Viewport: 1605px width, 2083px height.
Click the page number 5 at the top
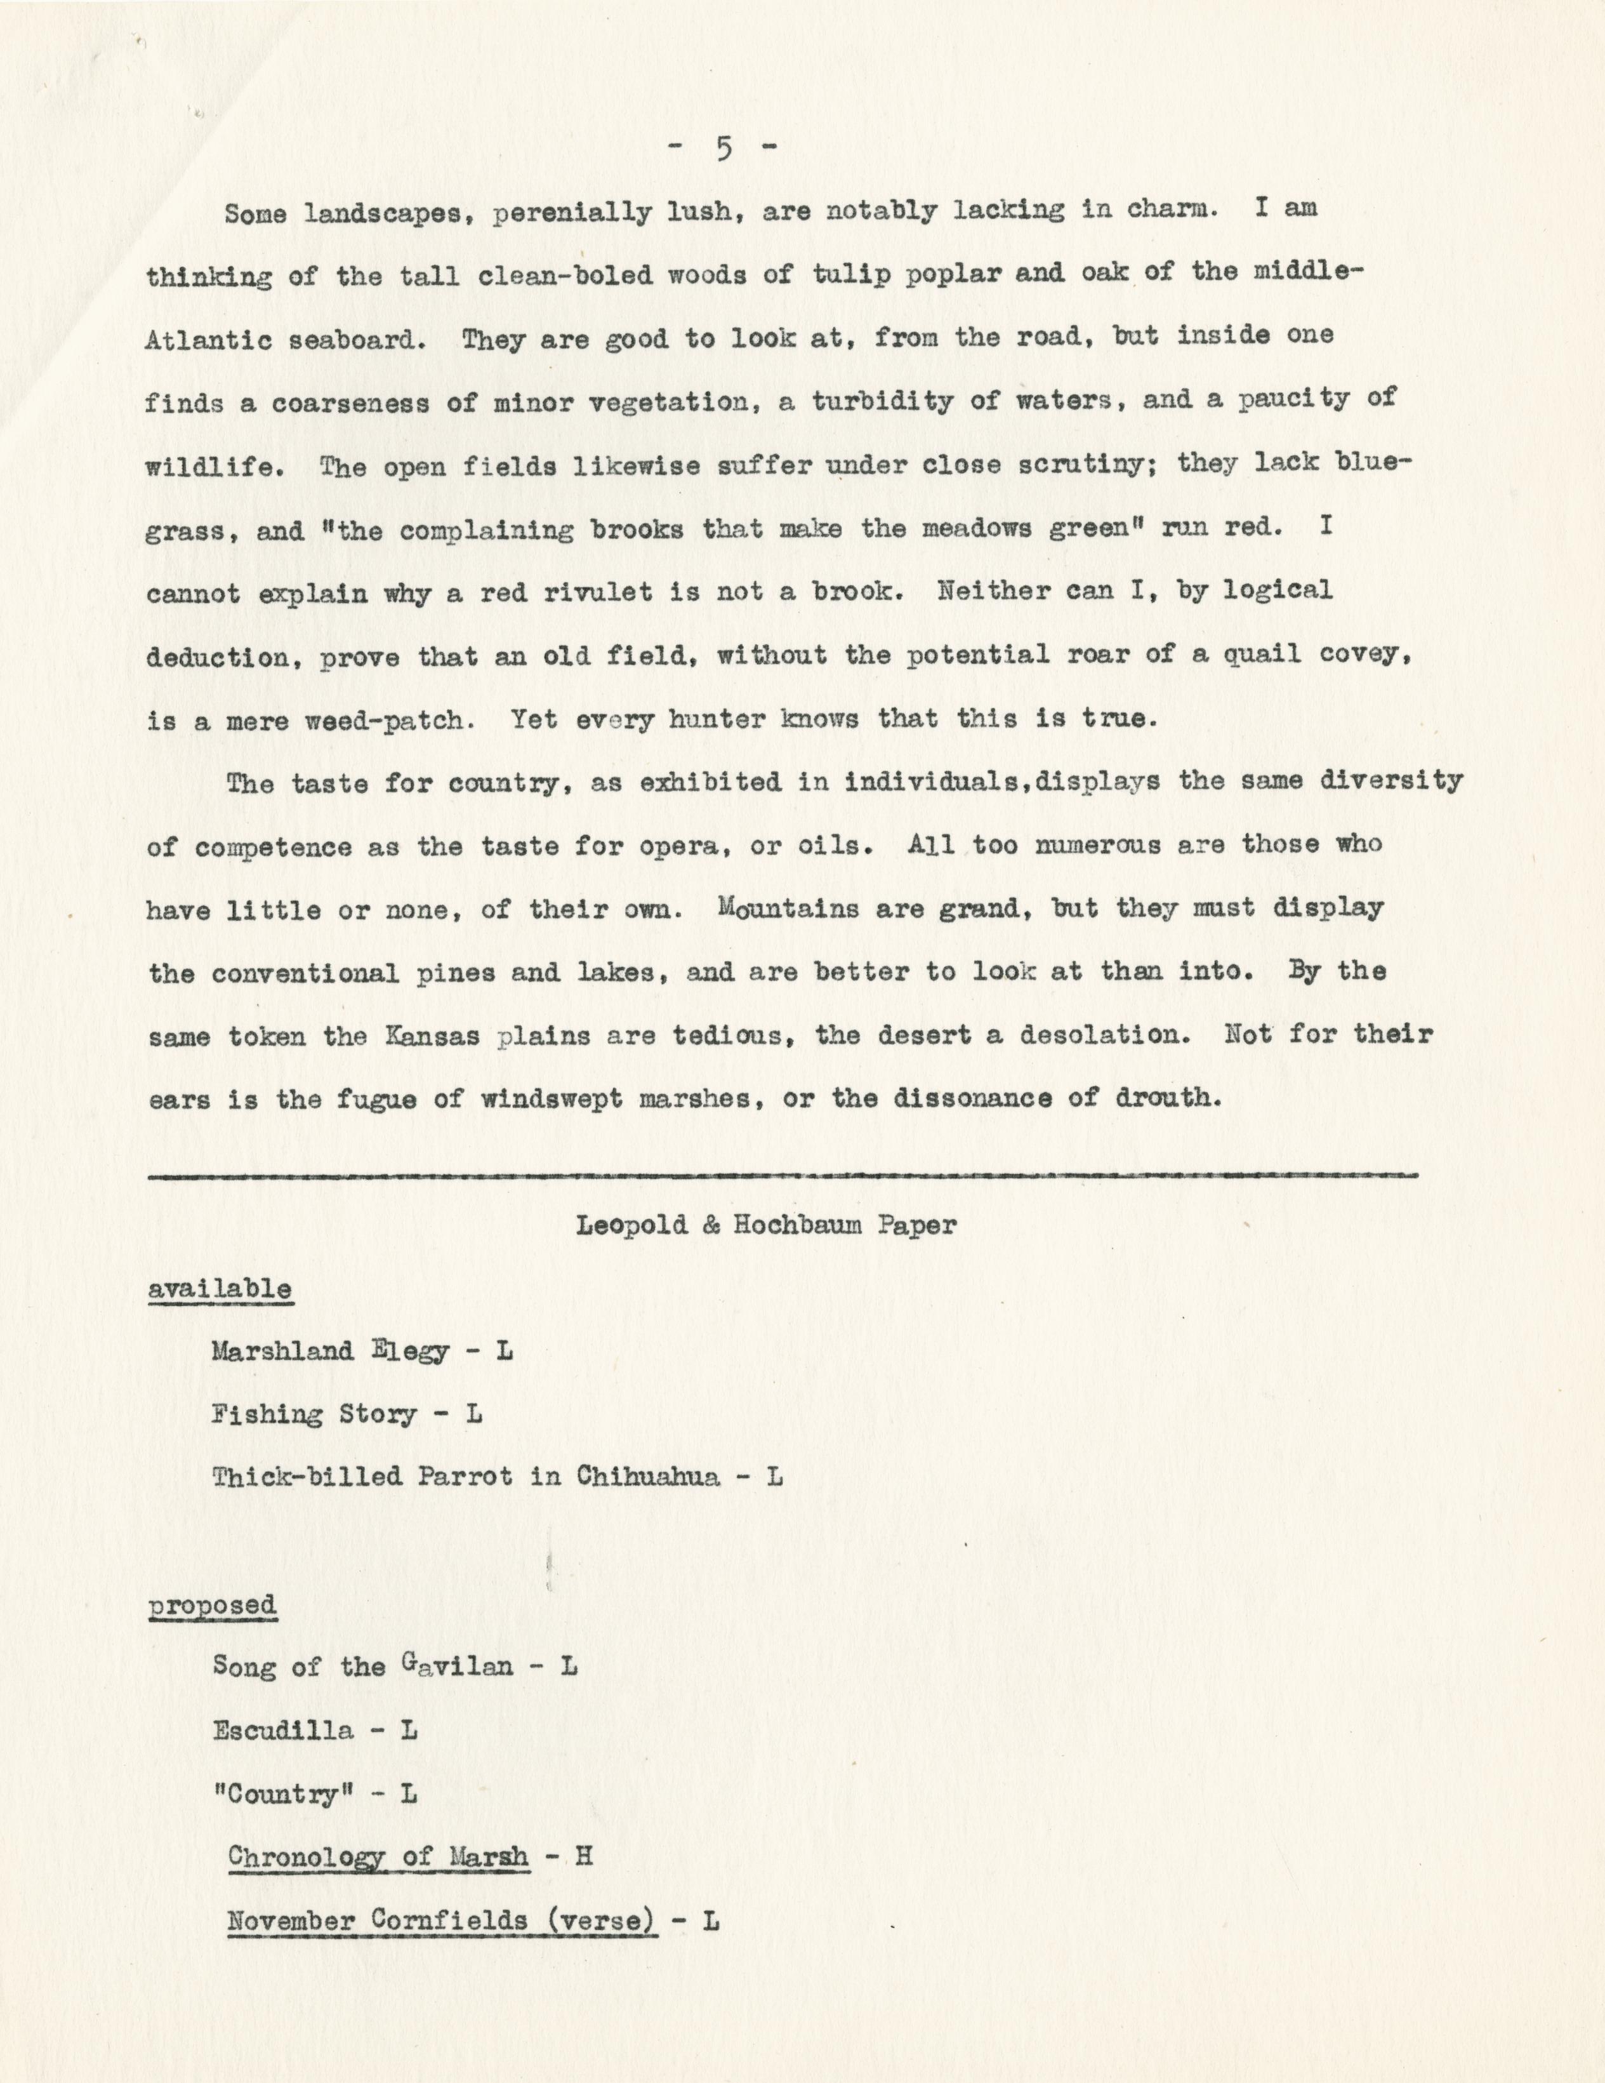[723, 150]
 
